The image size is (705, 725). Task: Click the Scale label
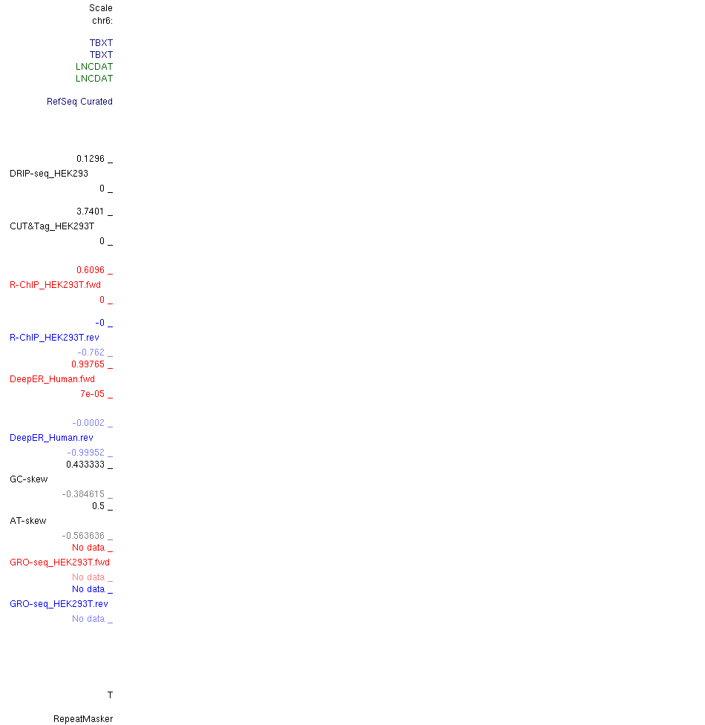click(x=101, y=8)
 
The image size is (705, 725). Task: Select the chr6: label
click(x=102, y=21)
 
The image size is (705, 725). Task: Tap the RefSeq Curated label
click(x=79, y=102)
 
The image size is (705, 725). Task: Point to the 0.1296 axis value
click(x=91, y=159)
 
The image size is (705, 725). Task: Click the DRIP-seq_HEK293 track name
click(x=49, y=174)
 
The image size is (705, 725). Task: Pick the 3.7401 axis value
click(x=91, y=211)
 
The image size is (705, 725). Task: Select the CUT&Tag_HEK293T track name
click(x=52, y=226)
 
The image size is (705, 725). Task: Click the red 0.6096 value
click(x=91, y=270)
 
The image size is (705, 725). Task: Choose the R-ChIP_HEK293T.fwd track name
click(x=55, y=285)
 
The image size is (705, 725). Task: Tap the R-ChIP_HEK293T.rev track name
click(x=54, y=338)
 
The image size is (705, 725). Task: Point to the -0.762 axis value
click(x=91, y=352)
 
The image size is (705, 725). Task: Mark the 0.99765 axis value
click(x=88, y=364)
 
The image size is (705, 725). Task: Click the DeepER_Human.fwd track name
click(x=52, y=379)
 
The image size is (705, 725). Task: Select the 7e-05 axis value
click(x=93, y=394)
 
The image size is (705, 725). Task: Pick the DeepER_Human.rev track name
click(x=51, y=438)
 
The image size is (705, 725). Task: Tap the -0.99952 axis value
click(x=86, y=453)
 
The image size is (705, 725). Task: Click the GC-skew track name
click(x=29, y=479)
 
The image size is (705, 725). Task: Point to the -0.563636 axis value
click(x=83, y=536)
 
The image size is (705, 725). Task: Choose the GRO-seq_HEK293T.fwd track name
click(x=59, y=562)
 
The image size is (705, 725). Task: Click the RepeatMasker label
click(x=83, y=719)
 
